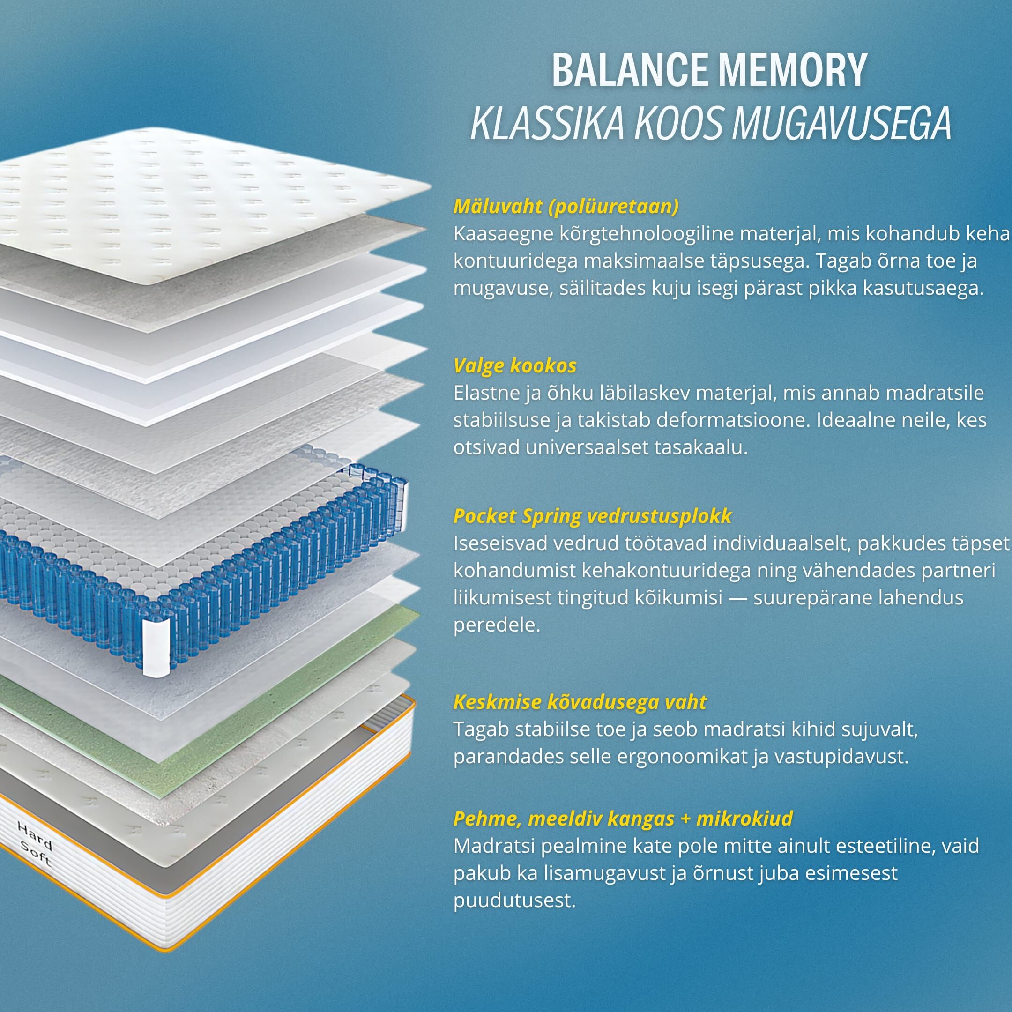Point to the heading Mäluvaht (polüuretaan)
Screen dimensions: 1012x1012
click(566, 206)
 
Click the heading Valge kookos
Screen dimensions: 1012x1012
click(515, 365)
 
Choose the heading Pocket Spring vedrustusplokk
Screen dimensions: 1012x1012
click(592, 516)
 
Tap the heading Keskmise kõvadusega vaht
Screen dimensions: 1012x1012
click(580, 701)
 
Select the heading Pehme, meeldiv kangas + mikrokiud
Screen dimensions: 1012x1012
click(623, 818)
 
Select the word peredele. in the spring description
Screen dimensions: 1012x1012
click(497, 625)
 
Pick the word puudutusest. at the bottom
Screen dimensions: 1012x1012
click(514, 900)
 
